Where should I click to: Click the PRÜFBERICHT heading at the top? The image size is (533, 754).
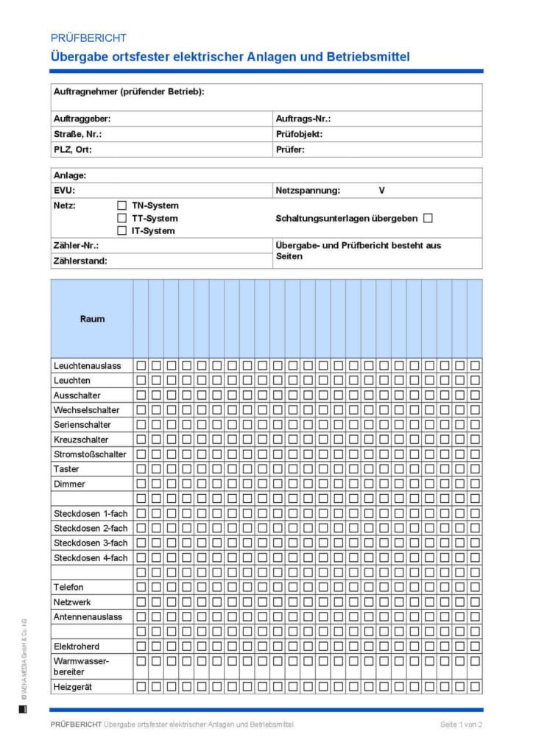click(88, 38)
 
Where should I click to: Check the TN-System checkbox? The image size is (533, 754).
click(122, 206)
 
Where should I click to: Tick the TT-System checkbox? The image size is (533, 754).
click(122, 219)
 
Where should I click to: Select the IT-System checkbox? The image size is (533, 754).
click(122, 231)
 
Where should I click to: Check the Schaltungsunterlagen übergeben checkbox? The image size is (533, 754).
click(428, 218)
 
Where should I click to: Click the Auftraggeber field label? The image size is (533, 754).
click(82, 119)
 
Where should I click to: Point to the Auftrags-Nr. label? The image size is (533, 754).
click(303, 119)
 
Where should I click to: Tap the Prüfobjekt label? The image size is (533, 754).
click(299, 134)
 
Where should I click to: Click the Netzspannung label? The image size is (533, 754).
click(308, 191)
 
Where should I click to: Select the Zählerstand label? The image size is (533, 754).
click(80, 261)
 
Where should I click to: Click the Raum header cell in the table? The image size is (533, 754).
click(92, 319)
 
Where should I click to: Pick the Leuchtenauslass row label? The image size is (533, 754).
click(88, 365)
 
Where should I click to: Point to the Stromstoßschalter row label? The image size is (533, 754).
click(90, 454)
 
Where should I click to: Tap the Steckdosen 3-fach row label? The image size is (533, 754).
click(91, 543)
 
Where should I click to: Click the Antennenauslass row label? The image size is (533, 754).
click(88, 616)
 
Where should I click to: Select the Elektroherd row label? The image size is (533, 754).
click(77, 646)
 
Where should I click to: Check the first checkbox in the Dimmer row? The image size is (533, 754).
click(141, 484)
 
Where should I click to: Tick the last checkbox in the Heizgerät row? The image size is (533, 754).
click(475, 686)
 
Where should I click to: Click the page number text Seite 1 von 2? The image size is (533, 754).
click(462, 725)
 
